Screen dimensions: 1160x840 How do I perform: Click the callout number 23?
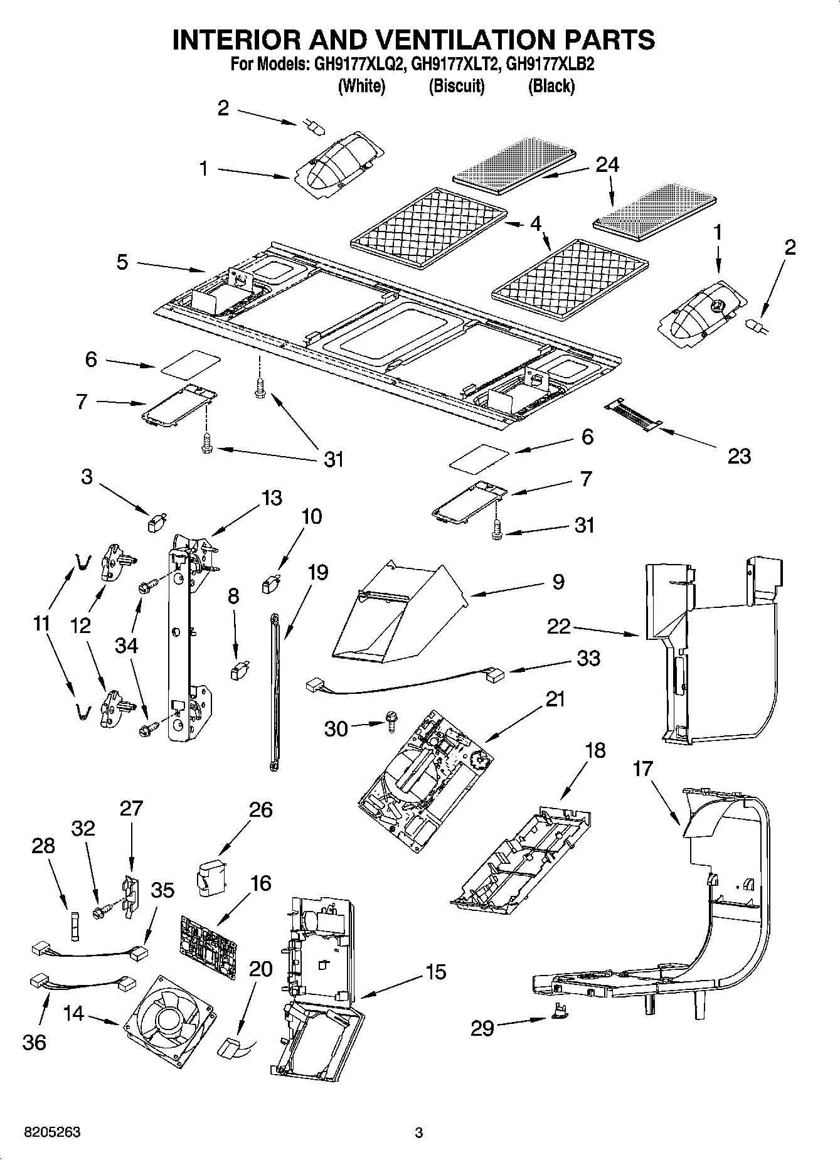(738, 456)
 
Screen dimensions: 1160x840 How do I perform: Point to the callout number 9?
(558, 582)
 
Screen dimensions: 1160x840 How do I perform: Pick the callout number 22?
(559, 626)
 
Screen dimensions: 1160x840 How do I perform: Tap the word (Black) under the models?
(551, 86)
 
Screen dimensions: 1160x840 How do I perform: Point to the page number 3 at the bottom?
(419, 1133)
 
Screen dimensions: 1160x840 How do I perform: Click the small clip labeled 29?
(558, 1024)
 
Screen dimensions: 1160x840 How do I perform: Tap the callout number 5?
(122, 262)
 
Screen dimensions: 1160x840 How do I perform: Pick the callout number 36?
(35, 1043)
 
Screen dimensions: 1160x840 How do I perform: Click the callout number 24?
(607, 164)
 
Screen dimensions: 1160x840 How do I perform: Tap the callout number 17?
(642, 769)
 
